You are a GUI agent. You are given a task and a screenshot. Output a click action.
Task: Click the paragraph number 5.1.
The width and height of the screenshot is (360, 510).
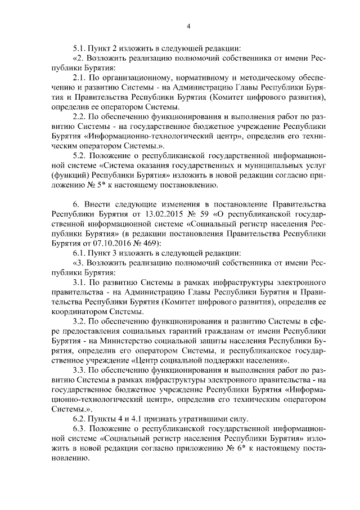[80, 47]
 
